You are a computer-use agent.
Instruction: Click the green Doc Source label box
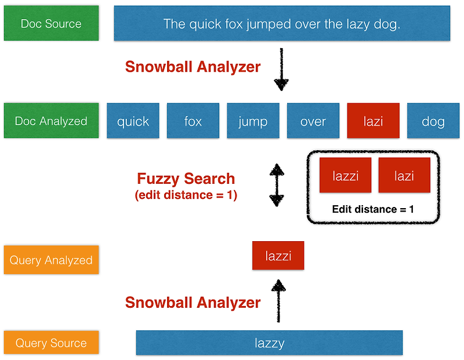click(x=51, y=24)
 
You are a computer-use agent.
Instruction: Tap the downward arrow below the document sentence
click(x=281, y=70)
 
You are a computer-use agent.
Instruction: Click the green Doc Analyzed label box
click(x=51, y=121)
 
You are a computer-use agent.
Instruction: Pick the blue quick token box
click(x=133, y=121)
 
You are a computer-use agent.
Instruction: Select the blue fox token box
click(x=193, y=121)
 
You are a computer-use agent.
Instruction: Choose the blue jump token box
click(x=253, y=121)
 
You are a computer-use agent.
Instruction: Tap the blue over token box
click(x=313, y=121)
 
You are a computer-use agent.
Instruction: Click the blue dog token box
click(x=433, y=121)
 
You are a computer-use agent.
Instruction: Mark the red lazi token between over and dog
click(x=373, y=121)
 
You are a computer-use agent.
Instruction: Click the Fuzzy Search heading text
click(x=186, y=179)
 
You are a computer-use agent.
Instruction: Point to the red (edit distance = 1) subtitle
click(x=186, y=195)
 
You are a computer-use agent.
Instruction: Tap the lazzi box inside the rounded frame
click(x=346, y=176)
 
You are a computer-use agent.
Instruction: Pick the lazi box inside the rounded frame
click(x=404, y=176)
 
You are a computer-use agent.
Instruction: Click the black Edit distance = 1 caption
click(x=373, y=209)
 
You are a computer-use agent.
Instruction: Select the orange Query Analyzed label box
click(x=51, y=260)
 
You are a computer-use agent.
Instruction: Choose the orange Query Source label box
click(x=51, y=343)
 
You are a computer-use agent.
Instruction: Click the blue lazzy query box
click(x=269, y=343)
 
